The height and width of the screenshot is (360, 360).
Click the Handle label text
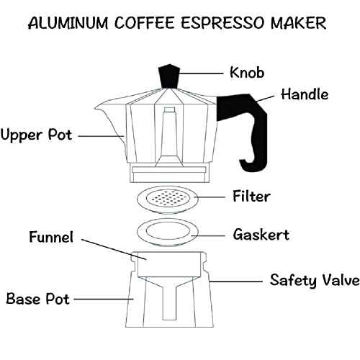[x=305, y=94]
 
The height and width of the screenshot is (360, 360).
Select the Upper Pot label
[x=36, y=135]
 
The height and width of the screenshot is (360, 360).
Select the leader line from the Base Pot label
[x=101, y=298]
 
